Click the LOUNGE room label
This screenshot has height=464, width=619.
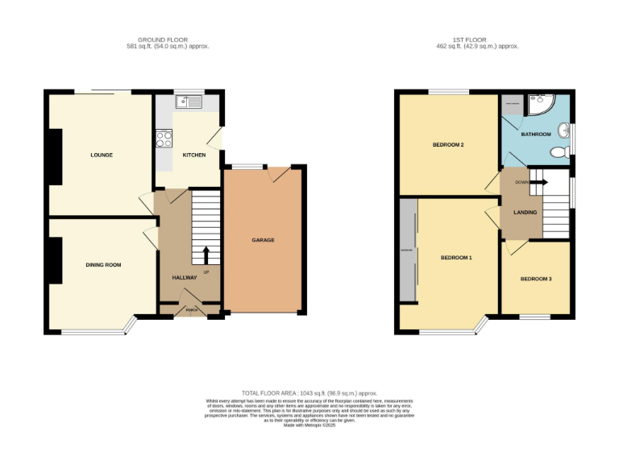pyautogui.click(x=102, y=155)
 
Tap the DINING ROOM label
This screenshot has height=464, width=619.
pyautogui.click(x=103, y=264)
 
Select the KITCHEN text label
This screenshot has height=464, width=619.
pyautogui.click(x=193, y=155)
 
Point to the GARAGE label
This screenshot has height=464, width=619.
pyautogui.click(x=263, y=240)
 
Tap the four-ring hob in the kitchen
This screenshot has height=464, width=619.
pyautogui.click(x=164, y=138)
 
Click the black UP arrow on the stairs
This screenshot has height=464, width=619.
pyautogui.click(x=206, y=255)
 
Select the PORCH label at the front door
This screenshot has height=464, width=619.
pyautogui.click(x=192, y=309)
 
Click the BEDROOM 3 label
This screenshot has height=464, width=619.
pyautogui.click(x=536, y=279)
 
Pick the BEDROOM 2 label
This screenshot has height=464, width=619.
pyautogui.click(x=448, y=145)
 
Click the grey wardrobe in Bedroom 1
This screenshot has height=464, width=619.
pyautogui.click(x=408, y=251)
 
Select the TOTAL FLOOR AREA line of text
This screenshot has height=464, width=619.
pyautogui.click(x=309, y=392)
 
